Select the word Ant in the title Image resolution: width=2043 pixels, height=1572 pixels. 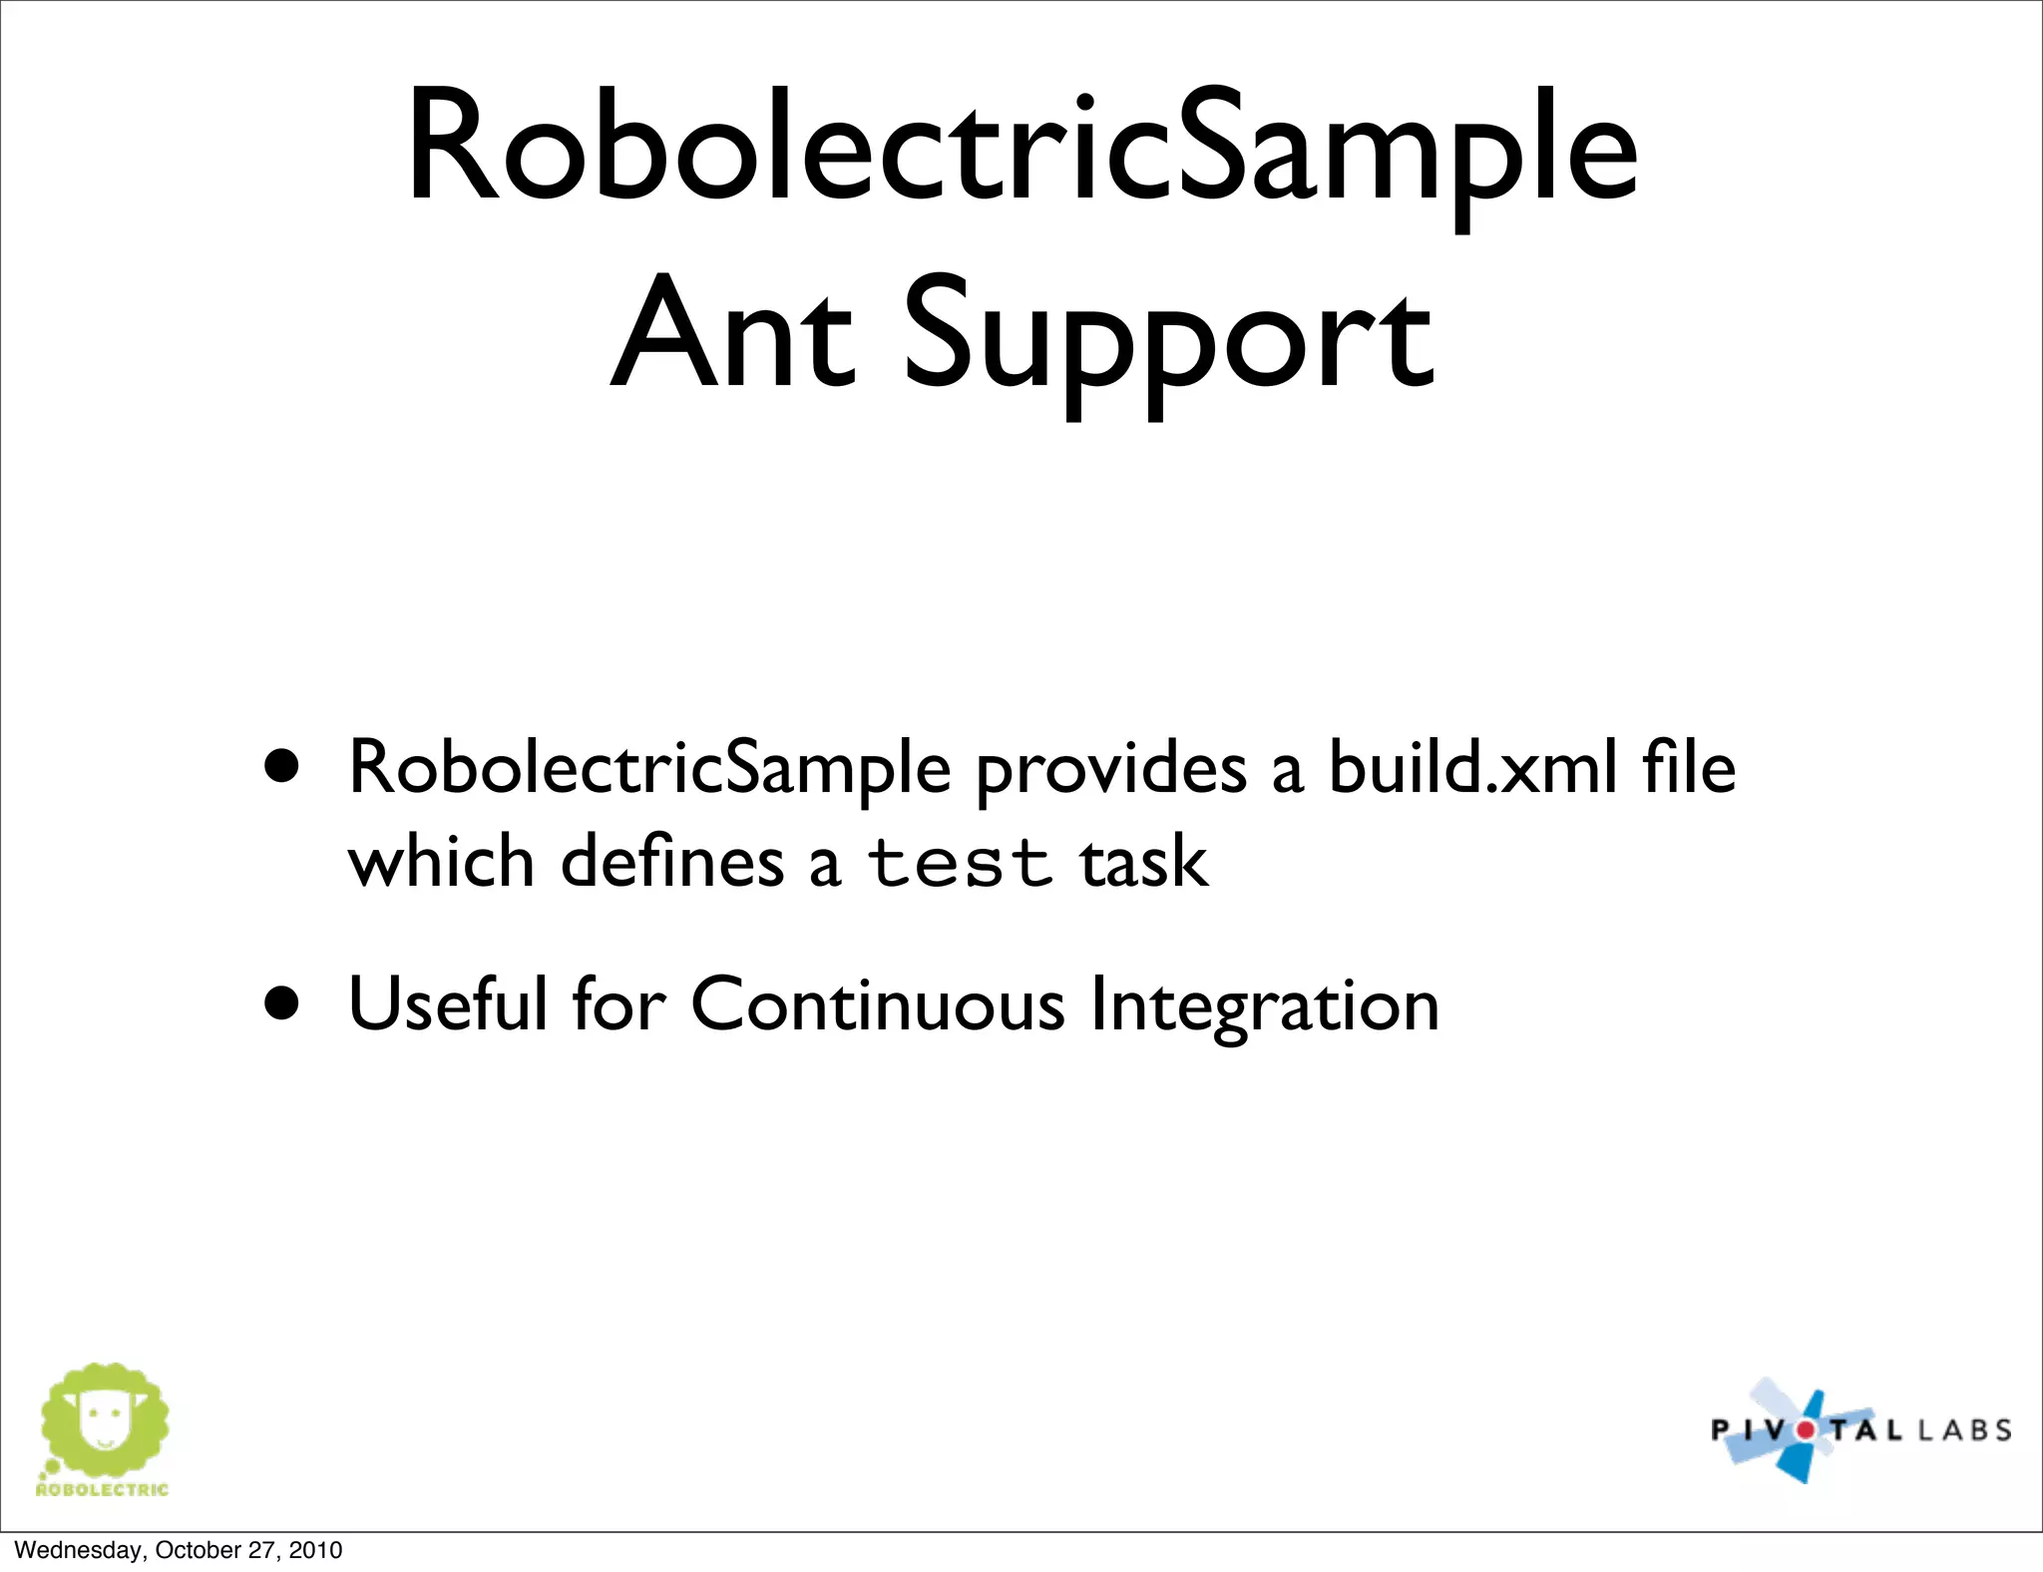click(x=733, y=334)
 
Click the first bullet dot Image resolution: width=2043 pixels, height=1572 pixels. click(x=282, y=766)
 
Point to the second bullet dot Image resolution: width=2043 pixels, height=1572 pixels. click(x=282, y=1002)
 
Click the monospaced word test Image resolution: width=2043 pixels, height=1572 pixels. click(x=959, y=863)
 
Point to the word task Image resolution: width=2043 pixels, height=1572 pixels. click(x=1143, y=862)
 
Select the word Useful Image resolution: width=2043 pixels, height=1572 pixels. click(x=448, y=1003)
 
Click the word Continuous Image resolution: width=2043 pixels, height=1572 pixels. click(x=878, y=1004)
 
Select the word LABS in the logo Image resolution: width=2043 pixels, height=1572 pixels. click(x=1964, y=1431)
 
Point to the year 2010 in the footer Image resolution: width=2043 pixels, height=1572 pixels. click(x=315, y=1550)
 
